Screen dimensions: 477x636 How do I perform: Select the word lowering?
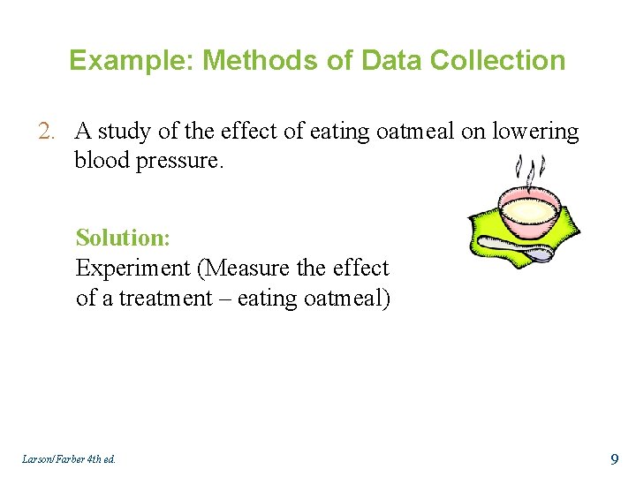(535, 132)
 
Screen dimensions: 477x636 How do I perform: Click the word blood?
(100, 160)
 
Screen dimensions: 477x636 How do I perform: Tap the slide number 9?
(615, 458)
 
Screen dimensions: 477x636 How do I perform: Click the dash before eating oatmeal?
(223, 298)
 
